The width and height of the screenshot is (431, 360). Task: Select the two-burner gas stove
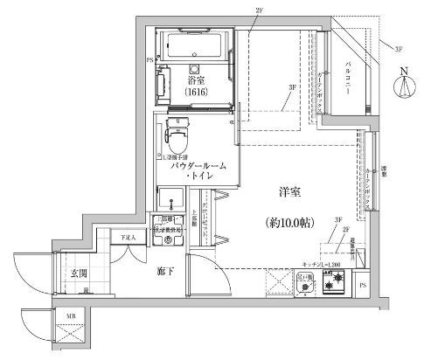pos(334,281)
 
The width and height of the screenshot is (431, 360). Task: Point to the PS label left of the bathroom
pos(149,61)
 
